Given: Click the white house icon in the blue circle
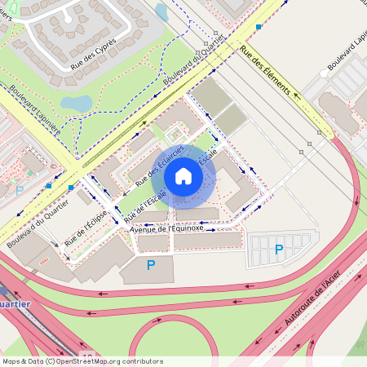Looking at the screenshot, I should (183, 175).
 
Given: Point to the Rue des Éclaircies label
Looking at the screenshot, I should (157, 162).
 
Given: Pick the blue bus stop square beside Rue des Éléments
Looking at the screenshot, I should (259, 27).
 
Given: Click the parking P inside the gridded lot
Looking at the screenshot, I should (279, 250).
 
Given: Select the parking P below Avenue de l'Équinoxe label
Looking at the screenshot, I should (151, 264).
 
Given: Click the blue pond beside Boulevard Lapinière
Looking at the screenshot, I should (76, 104).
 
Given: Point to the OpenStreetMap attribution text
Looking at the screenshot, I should (82, 360).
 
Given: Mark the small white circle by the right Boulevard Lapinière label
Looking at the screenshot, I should (324, 73).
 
